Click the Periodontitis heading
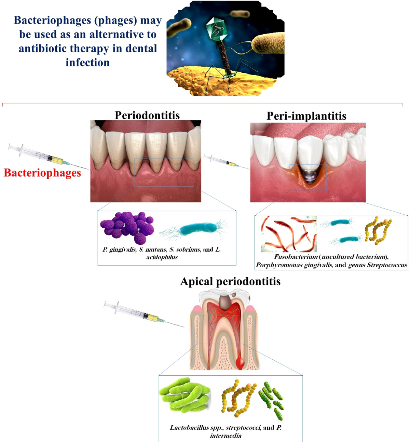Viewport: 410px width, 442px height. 147,115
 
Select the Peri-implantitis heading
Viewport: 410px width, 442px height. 306,116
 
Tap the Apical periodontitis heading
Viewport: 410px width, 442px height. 230,281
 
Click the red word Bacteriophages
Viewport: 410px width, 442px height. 42,173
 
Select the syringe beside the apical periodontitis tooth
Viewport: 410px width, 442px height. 138,312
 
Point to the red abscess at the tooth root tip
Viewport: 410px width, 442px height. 240,363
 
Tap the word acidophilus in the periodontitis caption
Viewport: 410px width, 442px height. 162,257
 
